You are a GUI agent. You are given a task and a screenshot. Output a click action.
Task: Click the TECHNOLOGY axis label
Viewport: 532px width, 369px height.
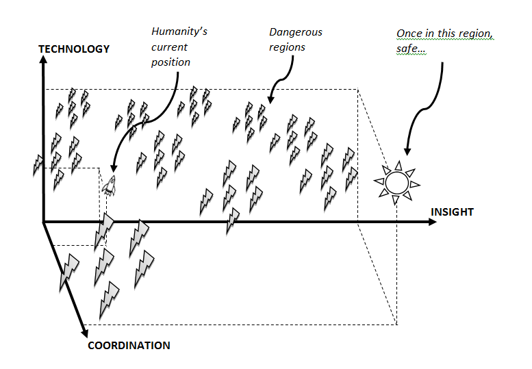[x=74, y=49]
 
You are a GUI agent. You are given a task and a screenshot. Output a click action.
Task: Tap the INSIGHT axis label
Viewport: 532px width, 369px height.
[x=452, y=212]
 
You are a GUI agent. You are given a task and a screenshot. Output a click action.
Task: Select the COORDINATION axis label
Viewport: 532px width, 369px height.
[x=129, y=346]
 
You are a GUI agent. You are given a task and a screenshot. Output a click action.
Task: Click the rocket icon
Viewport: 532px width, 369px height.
[x=110, y=186]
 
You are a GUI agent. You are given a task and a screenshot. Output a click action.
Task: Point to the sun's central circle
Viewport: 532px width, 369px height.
[x=397, y=183]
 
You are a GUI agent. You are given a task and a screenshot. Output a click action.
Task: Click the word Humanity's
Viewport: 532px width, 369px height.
[x=179, y=31]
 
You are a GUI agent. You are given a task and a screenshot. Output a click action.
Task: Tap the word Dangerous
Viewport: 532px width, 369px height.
[x=296, y=32]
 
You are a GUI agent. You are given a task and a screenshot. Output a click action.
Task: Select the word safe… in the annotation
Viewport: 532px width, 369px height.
[x=411, y=49]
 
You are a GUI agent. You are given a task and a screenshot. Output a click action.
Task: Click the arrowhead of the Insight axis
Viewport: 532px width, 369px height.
[x=433, y=222]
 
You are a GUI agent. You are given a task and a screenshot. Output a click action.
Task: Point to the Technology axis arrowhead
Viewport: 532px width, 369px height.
[x=43, y=60]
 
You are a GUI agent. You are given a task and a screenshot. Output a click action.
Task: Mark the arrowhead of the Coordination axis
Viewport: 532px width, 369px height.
[x=84, y=333]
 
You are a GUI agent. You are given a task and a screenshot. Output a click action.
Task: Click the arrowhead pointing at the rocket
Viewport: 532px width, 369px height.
[x=114, y=168]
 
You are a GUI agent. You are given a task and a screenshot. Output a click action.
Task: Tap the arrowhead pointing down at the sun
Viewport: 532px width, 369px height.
[x=407, y=151]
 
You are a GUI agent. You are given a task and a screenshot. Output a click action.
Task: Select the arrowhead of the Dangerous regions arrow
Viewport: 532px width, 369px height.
[x=270, y=99]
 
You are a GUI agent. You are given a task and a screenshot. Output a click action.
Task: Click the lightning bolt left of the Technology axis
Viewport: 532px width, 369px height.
[x=38, y=166]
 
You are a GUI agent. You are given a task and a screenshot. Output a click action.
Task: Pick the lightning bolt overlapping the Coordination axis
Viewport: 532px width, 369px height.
[x=69, y=272]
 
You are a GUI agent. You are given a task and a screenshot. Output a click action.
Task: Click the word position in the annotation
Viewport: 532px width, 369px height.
[x=170, y=63]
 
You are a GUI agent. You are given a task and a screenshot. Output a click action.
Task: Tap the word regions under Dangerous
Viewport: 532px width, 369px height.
[x=287, y=47]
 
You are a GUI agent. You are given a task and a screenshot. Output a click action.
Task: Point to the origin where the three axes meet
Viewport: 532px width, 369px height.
[x=43, y=222]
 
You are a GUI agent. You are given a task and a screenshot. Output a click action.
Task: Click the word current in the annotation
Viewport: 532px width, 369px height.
[x=169, y=47]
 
